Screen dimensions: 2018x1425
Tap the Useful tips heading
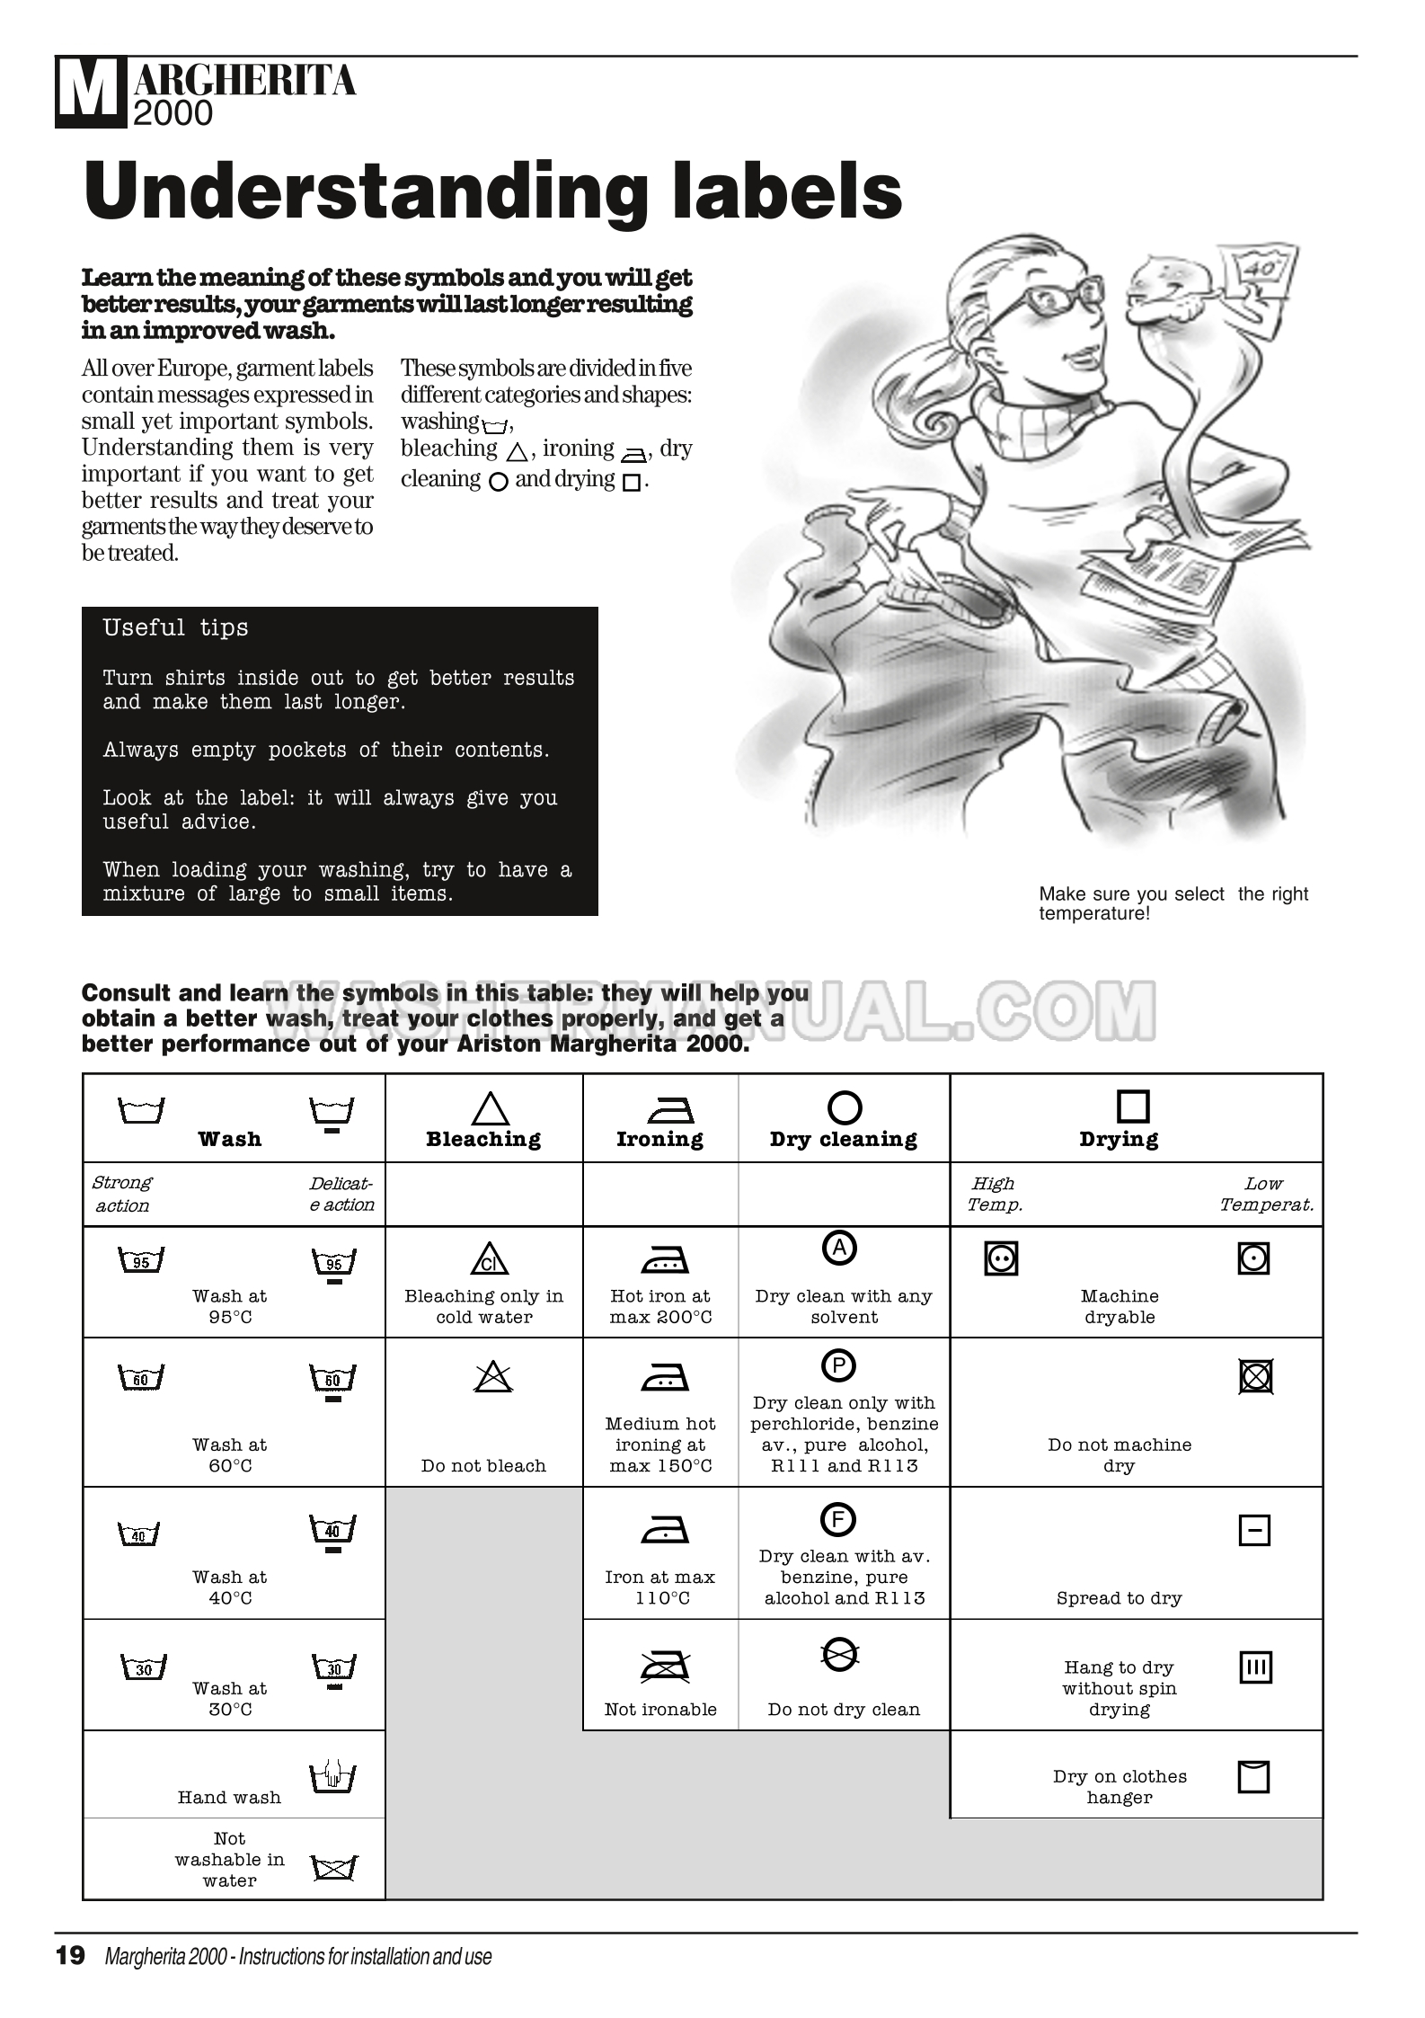[175, 627]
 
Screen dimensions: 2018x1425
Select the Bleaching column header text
[483, 1139]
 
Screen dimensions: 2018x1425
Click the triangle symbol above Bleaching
[490, 1108]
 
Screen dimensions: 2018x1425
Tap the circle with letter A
[840, 1248]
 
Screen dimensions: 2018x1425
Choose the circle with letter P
[838, 1366]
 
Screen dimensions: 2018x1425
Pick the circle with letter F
[838, 1520]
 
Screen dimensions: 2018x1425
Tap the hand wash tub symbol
[332, 1776]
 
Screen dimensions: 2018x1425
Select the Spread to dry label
[1119, 1598]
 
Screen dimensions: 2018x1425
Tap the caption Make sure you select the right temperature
[1173, 903]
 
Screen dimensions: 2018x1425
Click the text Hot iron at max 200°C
[660, 1306]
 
